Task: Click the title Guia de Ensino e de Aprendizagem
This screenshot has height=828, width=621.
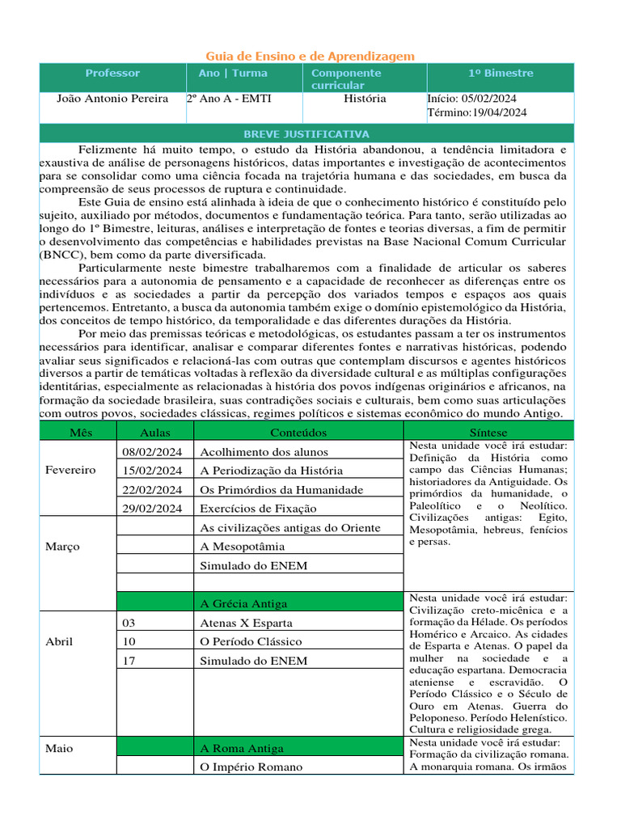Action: point(310,56)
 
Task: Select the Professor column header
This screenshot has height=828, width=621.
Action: point(112,74)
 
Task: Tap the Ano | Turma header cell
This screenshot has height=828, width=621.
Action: point(233,74)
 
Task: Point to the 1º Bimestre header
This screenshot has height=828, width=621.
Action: point(501,74)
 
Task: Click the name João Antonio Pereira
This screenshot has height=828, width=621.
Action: point(112,99)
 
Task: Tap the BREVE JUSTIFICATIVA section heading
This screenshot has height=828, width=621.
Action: point(306,134)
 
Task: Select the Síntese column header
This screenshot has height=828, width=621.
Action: point(489,433)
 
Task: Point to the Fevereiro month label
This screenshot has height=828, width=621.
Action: point(70,470)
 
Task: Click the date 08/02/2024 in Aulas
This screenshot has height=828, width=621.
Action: point(152,452)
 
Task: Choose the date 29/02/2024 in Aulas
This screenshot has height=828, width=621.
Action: point(152,508)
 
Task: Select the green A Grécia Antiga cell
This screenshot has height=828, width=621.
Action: point(243,603)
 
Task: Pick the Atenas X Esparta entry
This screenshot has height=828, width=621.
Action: point(246,623)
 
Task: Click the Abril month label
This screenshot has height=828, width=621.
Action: point(60,642)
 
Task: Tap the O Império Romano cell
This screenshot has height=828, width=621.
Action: point(251,767)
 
